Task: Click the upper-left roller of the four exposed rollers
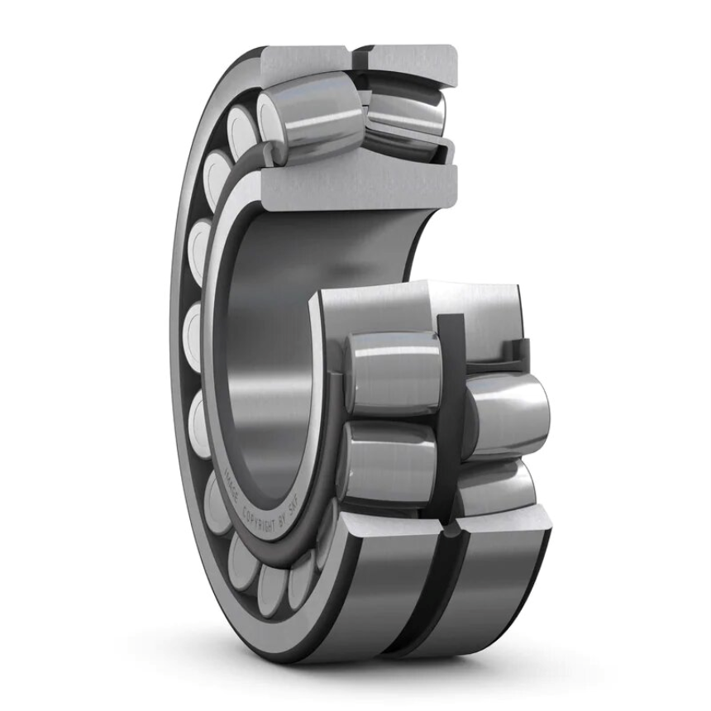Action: click(x=392, y=372)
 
